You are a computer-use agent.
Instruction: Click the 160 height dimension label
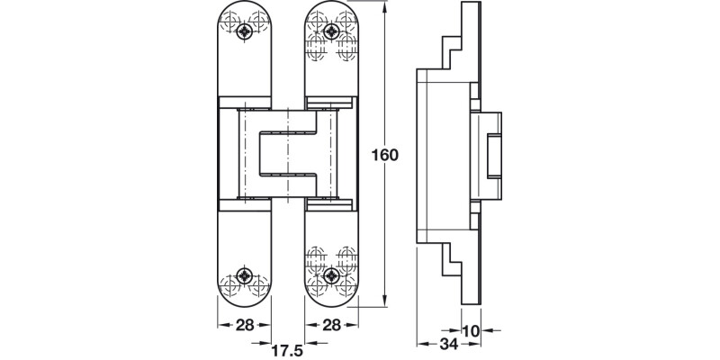tap(385, 155)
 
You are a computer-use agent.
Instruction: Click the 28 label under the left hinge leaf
tap(243, 325)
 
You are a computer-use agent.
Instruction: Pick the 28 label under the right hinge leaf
tap(332, 325)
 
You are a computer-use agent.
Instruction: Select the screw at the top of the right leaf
tap(332, 32)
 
